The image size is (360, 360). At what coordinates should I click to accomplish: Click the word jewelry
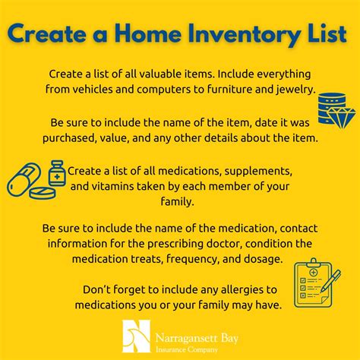288,89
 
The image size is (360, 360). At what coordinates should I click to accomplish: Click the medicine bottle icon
56,174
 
